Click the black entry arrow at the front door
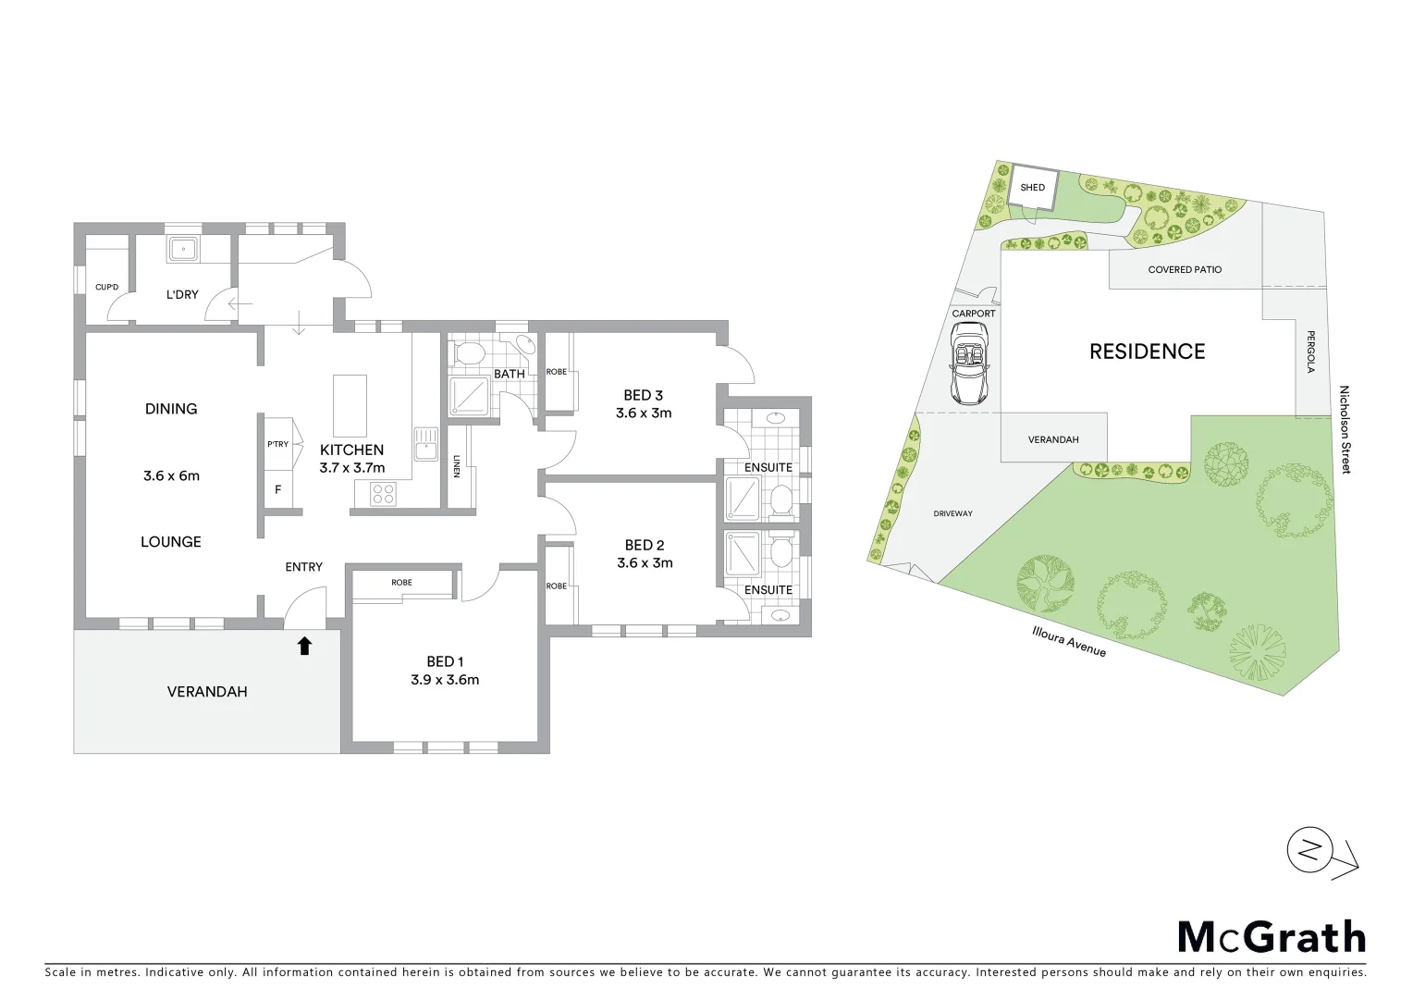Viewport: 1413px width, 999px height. pyautogui.click(x=304, y=646)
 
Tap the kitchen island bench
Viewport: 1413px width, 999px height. pyautogui.click(x=350, y=405)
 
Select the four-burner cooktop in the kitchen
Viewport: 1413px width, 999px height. pyautogui.click(x=382, y=494)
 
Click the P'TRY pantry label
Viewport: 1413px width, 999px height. pyautogui.click(x=277, y=444)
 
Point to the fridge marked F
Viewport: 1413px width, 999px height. pyautogui.click(x=277, y=489)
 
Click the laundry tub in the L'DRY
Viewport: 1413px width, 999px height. pyautogui.click(x=182, y=248)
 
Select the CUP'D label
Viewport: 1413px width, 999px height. pyautogui.click(x=107, y=287)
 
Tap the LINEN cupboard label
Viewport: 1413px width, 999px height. pyautogui.click(x=458, y=466)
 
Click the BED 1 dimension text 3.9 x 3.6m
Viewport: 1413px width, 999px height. pyautogui.click(x=445, y=680)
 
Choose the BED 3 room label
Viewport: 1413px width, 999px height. pyautogui.click(x=644, y=395)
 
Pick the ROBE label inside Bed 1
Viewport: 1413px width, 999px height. pyautogui.click(x=401, y=583)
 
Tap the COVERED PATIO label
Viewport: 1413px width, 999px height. pyautogui.click(x=1185, y=270)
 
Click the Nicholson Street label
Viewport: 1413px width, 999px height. pyautogui.click(x=1345, y=430)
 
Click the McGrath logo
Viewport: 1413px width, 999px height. pyautogui.click(x=1271, y=937)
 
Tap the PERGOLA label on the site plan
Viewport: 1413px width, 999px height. pyautogui.click(x=1310, y=352)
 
